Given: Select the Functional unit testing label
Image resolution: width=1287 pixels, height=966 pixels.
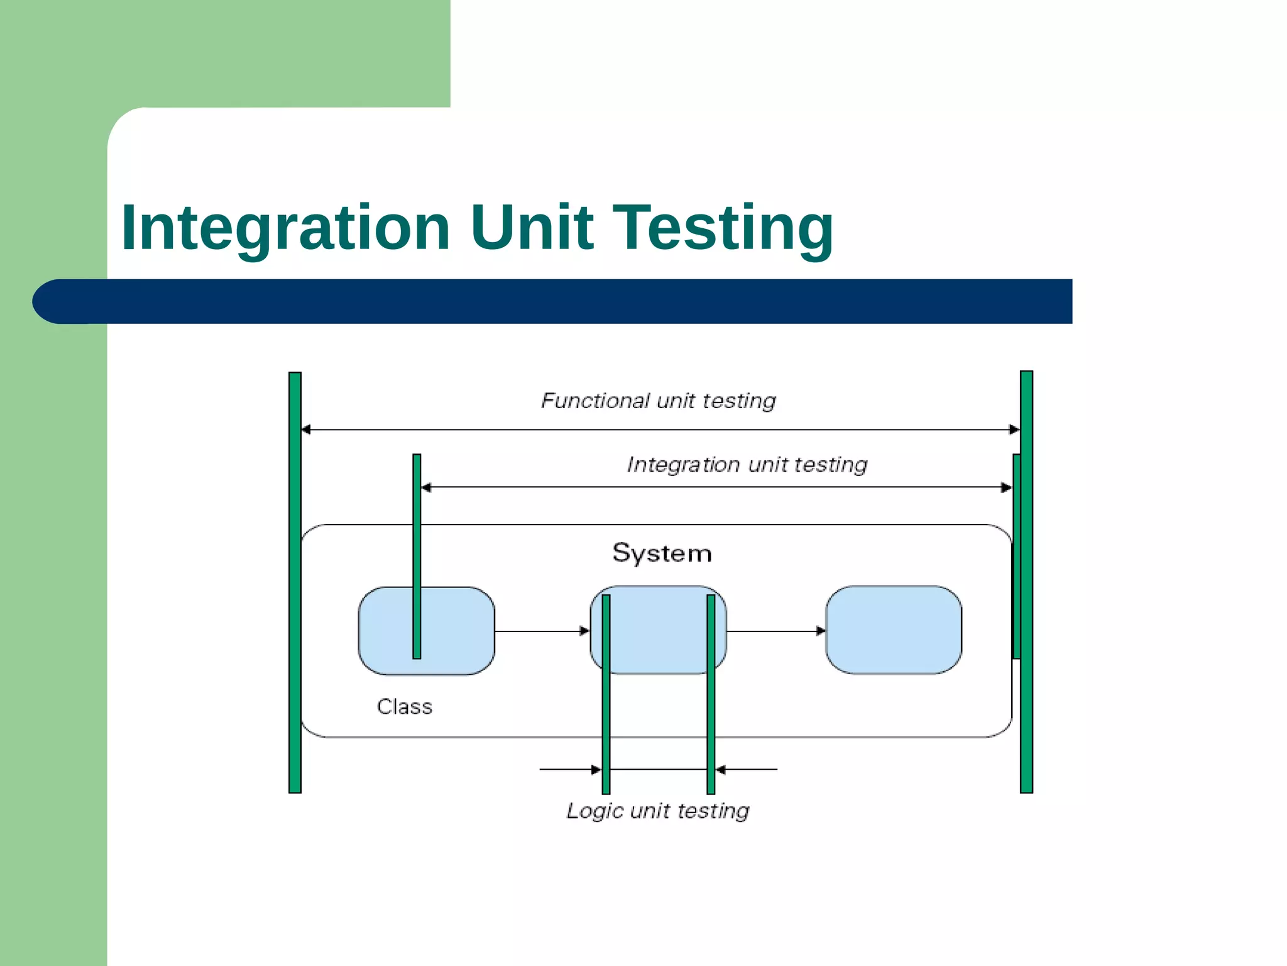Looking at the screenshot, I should [x=658, y=401].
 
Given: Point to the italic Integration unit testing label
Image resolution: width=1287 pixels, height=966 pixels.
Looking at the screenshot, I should [x=747, y=465].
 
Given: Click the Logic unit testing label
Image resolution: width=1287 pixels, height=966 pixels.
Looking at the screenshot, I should [x=657, y=811].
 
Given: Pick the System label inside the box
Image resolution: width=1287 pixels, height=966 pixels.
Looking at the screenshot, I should [x=662, y=553].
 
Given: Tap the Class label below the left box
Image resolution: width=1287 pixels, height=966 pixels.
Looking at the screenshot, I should [x=404, y=707].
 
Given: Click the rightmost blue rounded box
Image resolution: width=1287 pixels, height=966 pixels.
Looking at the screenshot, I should [x=893, y=630].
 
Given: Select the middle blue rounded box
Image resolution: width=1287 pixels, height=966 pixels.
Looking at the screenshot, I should [x=658, y=630].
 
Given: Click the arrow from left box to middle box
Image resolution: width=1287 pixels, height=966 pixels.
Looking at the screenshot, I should [x=541, y=631].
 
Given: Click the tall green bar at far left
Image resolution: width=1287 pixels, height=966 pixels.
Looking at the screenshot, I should [x=295, y=582].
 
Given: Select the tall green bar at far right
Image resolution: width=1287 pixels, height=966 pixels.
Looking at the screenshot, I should [x=1026, y=582].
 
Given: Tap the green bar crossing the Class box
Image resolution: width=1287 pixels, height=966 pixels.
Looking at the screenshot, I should [x=417, y=556].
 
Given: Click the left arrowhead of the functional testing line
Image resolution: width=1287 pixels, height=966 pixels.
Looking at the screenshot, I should [x=307, y=430].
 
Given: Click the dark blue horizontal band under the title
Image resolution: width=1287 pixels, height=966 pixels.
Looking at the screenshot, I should [x=553, y=301].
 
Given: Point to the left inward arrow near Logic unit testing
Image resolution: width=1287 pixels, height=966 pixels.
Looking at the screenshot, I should [x=569, y=769].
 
